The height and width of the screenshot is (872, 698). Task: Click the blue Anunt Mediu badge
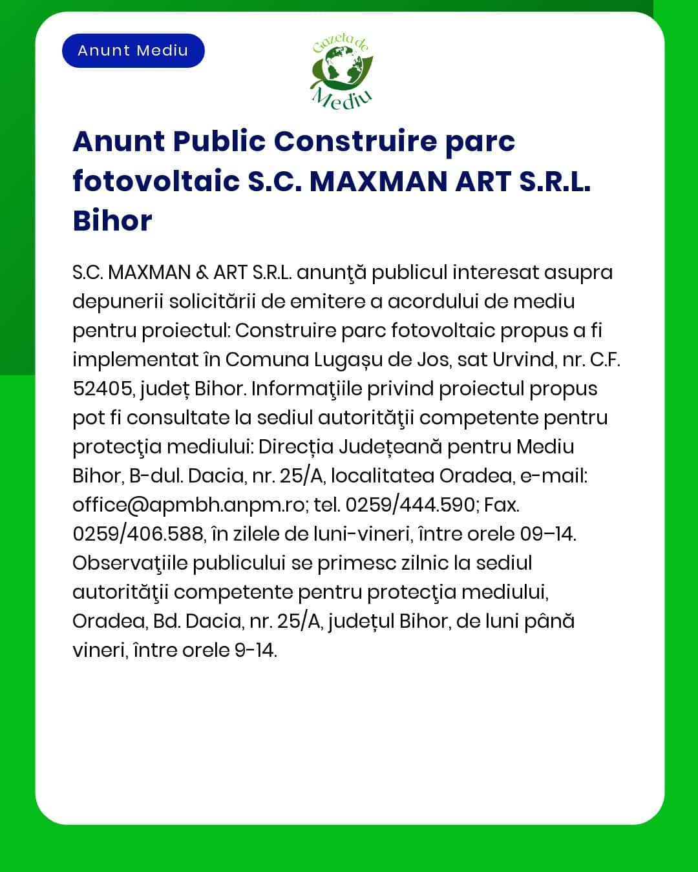[133, 50]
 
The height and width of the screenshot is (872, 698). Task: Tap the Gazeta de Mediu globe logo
[341, 72]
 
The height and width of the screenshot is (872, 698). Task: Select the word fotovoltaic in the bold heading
[156, 181]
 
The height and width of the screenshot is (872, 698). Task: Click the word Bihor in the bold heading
[112, 221]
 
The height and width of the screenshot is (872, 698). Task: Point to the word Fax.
[502, 504]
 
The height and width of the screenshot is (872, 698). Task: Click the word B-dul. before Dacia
[156, 476]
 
